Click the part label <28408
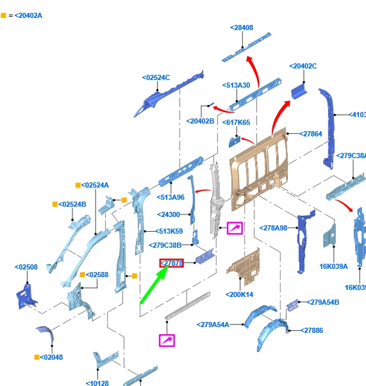(242, 28)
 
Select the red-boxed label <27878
(172, 263)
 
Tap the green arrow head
(163, 273)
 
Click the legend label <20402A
(28, 15)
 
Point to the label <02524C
(156, 77)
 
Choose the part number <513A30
(236, 85)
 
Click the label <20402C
(303, 66)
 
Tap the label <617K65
(236, 122)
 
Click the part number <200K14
(239, 294)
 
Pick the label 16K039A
(333, 266)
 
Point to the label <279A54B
(323, 302)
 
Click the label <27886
(312, 330)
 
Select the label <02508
(26, 267)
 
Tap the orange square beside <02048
(37, 357)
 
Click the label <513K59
(169, 231)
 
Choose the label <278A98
(273, 228)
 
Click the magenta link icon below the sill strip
(167, 341)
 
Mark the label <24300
(169, 214)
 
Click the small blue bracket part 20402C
(299, 92)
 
